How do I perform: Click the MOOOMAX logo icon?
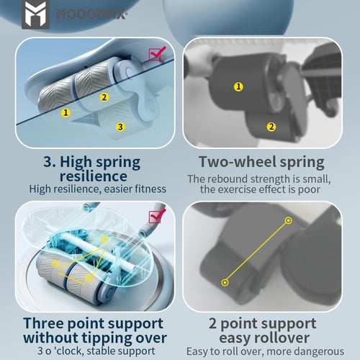[35, 14]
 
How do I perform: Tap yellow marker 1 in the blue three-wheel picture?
[66, 112]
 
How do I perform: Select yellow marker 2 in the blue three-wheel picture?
[104, 97]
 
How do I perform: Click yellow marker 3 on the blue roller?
[120, 127]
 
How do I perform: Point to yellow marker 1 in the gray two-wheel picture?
[238, 86]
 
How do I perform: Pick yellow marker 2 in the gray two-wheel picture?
[271, 127]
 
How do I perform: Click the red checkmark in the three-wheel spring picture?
[157, 53]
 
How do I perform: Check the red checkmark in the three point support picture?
[157, 216]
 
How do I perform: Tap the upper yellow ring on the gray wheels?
[289, 220]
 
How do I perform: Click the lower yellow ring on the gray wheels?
[225, 282]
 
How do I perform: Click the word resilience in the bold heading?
[94, 176]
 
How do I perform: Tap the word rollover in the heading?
[282, 338]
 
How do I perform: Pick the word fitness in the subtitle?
[150, 189]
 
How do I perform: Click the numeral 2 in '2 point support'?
[213, 323]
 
